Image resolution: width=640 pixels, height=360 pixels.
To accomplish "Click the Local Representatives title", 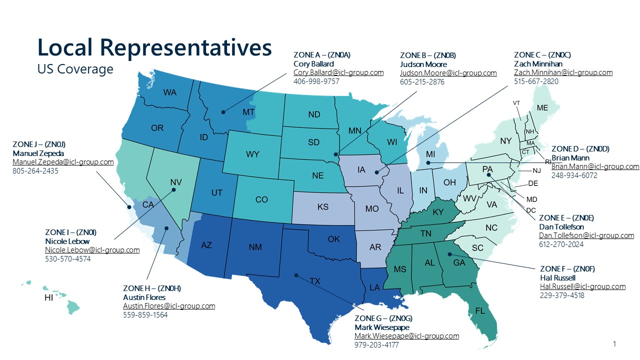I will point(154,47).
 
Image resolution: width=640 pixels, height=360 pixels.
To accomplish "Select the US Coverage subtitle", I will point(75,69).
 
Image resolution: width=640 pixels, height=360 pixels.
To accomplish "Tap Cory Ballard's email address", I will point(338,72).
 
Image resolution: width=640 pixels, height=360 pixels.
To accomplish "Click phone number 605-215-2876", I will point(422,82).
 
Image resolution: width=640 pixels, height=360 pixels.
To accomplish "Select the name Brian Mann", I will point(570,158).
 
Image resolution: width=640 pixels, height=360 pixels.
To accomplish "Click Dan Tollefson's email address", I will point(586,235).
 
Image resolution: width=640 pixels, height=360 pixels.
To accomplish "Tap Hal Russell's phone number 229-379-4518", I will point(562,295).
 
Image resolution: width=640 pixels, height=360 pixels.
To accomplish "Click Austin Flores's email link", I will point(169,306).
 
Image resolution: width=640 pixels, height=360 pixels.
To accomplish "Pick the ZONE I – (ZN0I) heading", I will point(70,232).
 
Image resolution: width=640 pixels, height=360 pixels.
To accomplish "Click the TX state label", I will point(315,281).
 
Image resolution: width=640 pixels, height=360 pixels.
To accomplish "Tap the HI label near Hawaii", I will point(48,298).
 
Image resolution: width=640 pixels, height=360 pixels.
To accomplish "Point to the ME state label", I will point(542,108).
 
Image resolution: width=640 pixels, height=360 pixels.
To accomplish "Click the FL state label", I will point(480,311).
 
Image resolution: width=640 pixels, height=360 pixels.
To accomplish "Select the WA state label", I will point(169,92).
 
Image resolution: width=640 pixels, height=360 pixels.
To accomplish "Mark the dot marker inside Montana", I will point(223,111).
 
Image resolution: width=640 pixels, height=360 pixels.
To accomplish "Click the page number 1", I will point(614,344).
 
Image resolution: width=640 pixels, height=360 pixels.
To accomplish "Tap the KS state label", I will point(322,207).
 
